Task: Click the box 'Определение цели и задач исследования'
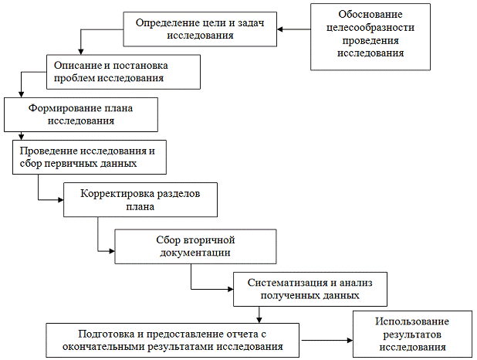pyautogui.click(x=200, y=29)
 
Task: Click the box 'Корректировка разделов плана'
pyautogui.click(x=140, y=200)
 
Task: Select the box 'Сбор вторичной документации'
pyautogui.click(x=195, y=246)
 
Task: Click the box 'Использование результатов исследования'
pyautogui.click(x=412, y=334)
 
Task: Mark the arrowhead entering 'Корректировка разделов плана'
pyautogui.click(x=58, y=200)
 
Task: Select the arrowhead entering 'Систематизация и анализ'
pyautogui.click(x=228, y=289)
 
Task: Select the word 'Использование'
pyautogui.click(x=412, y=321)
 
